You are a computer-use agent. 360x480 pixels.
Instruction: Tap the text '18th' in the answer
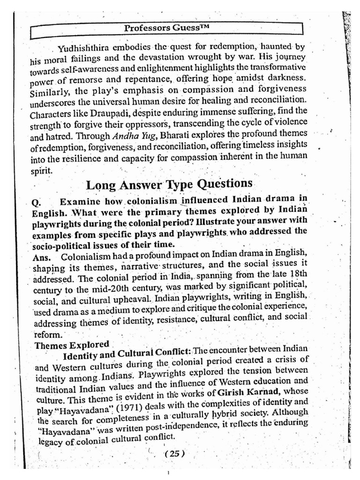click(295, 273)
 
